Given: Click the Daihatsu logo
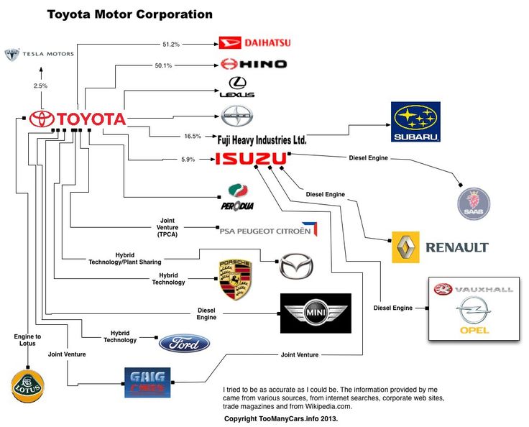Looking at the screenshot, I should (x=254, y=43).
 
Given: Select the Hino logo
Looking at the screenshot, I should (x=254, y=64).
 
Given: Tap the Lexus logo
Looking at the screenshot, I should (x=236, y=88).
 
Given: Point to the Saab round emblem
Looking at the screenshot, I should (x=474, y=203).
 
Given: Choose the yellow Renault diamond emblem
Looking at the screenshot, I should (x=405, y=247).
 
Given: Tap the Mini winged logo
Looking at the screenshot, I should (x=315, y=313).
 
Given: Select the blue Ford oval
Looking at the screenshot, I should (x=184, y=344).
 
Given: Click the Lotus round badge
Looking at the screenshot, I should (x=27, y=386).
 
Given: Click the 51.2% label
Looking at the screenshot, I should (x=170, y=45).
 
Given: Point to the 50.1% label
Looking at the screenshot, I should (x=163, y=65).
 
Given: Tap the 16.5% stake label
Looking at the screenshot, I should (x=192, y=135).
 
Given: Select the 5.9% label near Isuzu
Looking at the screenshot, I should (x=188, y=159).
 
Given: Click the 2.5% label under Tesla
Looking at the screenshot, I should (x=40, y=86).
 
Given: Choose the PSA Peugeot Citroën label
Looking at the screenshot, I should (x=265, y=231).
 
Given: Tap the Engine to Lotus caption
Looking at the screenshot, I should (x=27, y=340).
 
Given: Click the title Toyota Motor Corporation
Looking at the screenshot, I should (x=129, y=14).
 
